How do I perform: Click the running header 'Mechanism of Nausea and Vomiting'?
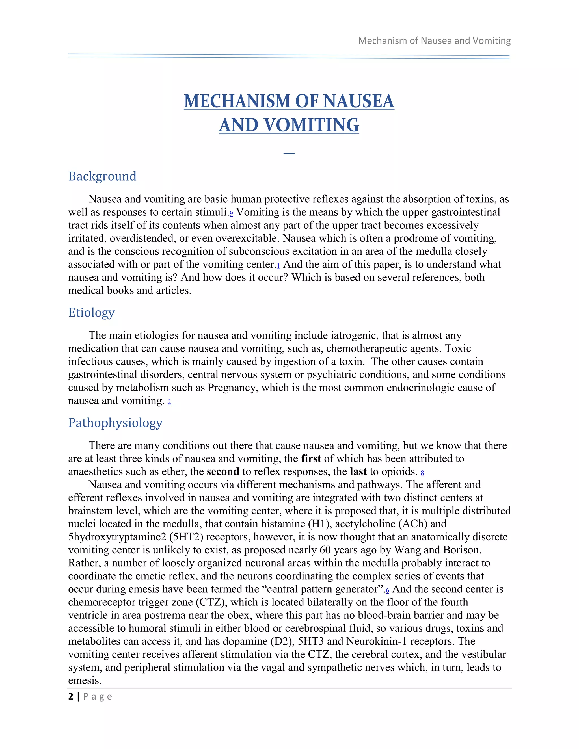[434, 40]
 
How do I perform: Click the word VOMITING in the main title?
[312, 125]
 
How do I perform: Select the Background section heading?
[102, 176]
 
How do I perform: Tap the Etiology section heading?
[91, 312]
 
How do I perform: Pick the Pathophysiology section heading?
[115, 423]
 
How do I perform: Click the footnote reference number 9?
[231, 214]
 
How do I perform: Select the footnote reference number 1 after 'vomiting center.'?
[278, 266]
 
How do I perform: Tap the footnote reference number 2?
[169, 402]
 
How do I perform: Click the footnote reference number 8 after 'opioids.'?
[422, 473]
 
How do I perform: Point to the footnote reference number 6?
[387, 590]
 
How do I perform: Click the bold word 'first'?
[311, 458]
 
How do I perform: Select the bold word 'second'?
[223, 471]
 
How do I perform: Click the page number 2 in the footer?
[71, 696]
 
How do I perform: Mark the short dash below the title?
[289, 153]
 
